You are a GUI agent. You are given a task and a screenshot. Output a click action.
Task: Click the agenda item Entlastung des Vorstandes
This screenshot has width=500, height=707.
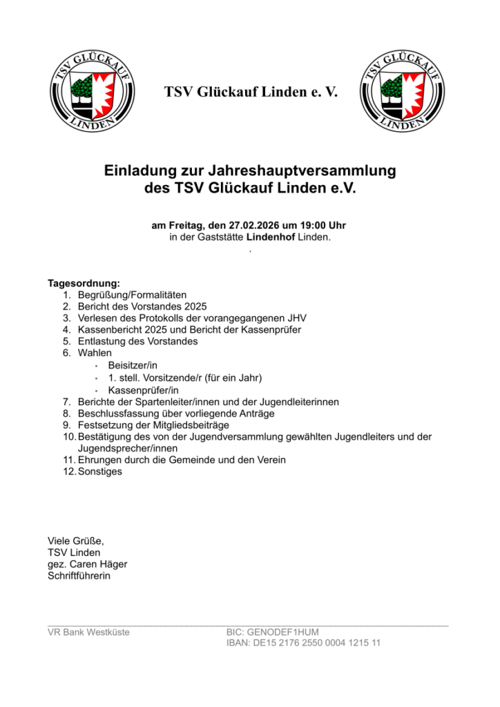(138, 341)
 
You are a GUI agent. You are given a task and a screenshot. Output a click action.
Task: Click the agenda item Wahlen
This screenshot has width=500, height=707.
(95, 353)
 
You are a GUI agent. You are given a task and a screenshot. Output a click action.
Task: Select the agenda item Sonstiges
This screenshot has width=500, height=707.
(100, 472)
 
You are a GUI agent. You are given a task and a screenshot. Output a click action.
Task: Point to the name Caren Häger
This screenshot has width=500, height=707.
(99, 564)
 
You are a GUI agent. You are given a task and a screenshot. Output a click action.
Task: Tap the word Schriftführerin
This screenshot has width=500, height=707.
(79, 576)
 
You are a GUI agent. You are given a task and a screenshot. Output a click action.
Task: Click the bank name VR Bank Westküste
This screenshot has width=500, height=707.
(88, 632)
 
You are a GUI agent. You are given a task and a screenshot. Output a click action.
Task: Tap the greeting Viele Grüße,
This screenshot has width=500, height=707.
(75, 541)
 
